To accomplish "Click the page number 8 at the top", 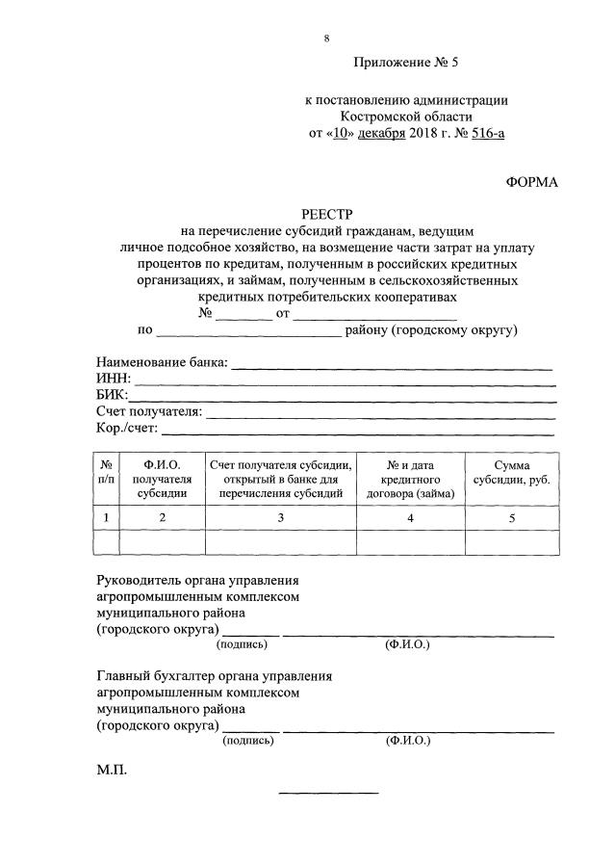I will (x=326, y=39).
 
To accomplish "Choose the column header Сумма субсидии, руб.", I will (x=511, y=472).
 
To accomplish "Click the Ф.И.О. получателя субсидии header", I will (x=162, y=479).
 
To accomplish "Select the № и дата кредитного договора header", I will (x=410, y=479).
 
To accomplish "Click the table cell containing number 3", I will (x=280, y=518).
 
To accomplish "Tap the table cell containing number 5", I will (x=511, y=518).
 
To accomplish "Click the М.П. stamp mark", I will (x=111, y=772).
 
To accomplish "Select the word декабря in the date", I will (x=383, y=134).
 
